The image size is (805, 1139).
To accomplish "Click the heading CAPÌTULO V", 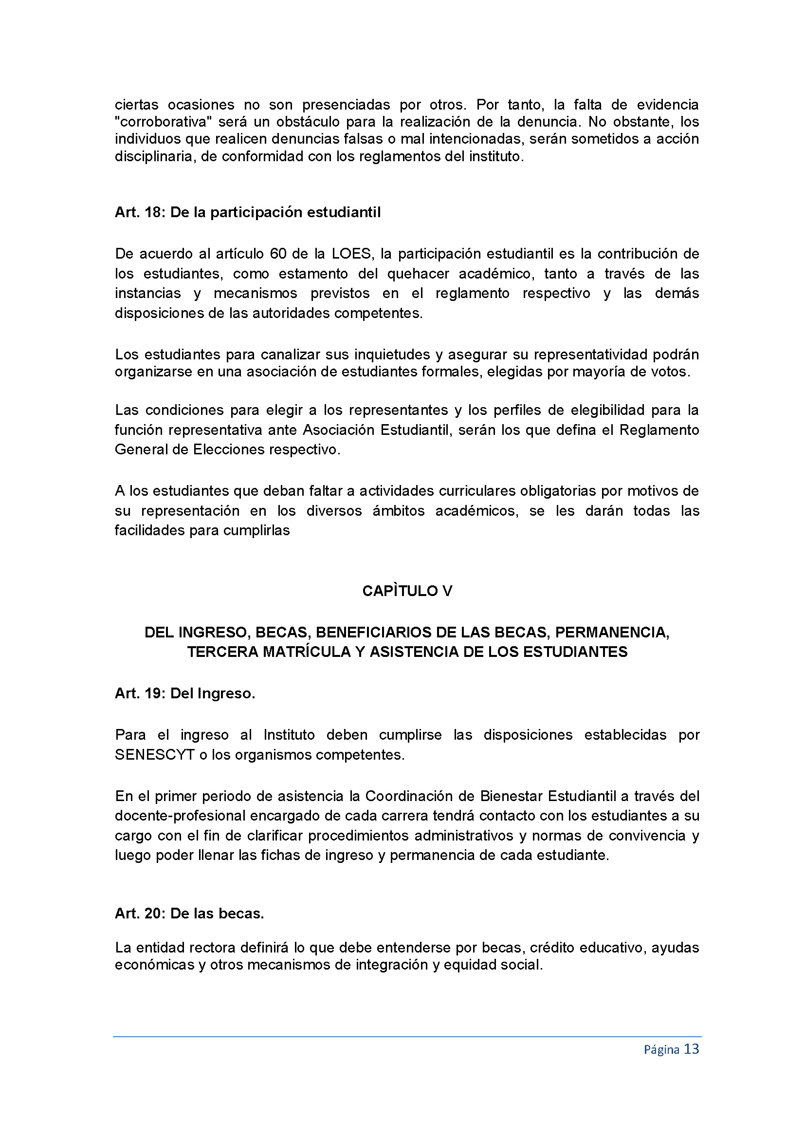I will tap(407, 591).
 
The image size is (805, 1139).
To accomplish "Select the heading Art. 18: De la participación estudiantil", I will tap(248, 212).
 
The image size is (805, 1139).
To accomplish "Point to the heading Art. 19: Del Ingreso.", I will tap(185, 693).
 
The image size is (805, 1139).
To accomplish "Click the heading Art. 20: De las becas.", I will tap(189, 913).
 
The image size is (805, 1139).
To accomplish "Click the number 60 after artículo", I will tap(278, 254).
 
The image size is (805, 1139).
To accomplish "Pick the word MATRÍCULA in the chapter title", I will tap(307, 652).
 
